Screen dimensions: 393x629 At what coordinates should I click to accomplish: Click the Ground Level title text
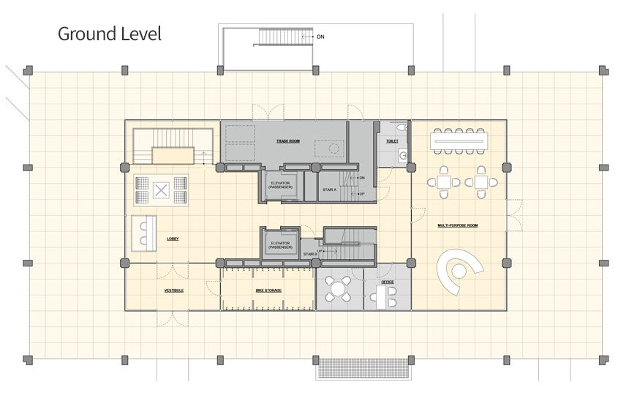[x=109, y=34]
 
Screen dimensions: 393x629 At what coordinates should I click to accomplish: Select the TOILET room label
[x=392, y=141]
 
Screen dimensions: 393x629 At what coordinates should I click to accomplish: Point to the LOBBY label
[x=173, y=239]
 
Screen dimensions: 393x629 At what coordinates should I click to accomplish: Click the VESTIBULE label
[x=173, y=291]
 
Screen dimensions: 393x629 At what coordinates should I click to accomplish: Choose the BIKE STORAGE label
[x=268, y=291]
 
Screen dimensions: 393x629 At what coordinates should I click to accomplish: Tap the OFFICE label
[x=387, y=281]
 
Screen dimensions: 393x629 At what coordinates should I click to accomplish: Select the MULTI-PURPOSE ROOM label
[x=458, y=225]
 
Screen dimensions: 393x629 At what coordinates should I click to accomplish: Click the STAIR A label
[x=329, y=190]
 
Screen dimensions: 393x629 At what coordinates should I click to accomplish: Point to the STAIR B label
[x=309, y=252]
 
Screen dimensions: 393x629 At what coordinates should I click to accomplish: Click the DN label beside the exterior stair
[x=320, y=36]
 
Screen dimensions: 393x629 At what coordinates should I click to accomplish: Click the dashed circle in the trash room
[x=334, y=149]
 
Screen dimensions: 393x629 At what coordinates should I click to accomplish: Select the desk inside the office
[x=379, y=294]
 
